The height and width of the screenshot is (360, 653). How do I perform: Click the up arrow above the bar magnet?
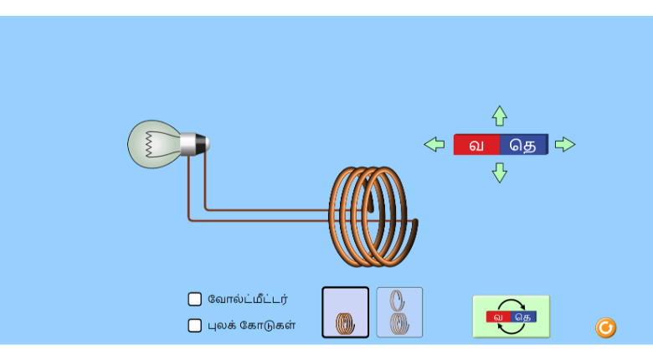point(500,116)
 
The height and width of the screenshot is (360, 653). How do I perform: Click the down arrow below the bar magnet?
point(500,172)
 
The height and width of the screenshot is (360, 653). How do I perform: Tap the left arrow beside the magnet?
point(434,144)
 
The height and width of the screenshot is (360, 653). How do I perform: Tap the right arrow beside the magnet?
point(565,144)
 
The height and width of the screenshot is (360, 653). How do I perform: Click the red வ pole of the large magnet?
point(477,145)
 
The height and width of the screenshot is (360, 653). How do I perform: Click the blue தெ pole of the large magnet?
point(524,145)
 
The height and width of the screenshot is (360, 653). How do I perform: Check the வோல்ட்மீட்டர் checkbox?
point(195,299)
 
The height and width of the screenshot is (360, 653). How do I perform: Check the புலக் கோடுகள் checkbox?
point(195,326)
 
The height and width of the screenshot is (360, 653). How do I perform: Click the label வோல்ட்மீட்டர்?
point(248,299)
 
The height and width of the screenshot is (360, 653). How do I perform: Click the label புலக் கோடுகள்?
point(251,326)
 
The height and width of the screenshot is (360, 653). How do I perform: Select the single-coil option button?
point(345,312)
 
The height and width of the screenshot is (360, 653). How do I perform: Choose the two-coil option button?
point(399,312)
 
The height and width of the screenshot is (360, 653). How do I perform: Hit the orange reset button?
point(606,327)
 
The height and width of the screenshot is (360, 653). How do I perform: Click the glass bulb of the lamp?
point(152,144)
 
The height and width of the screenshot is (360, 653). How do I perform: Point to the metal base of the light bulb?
point(193,144)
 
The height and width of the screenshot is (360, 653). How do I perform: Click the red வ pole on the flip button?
point(499,317)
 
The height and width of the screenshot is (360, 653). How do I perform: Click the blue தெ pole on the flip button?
point(523,317)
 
